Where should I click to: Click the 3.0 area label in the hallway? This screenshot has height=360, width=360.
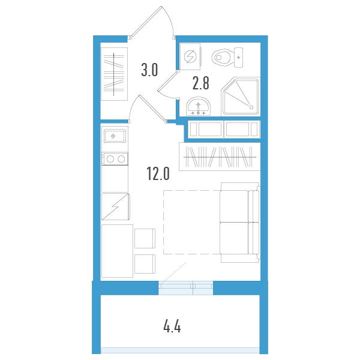(149, 70)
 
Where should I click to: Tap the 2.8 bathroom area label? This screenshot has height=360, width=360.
(200, 83)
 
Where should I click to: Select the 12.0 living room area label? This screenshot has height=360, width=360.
(158, 173)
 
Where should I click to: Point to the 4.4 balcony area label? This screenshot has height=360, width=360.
(172, 327)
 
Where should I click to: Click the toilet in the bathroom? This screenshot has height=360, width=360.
(227, 58)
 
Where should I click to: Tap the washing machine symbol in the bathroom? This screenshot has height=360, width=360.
(191, 56)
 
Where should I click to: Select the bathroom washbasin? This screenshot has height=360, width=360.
(198, 107)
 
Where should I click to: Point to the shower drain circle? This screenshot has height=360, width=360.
(251, 107)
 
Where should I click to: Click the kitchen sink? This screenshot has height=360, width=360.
(115, 136)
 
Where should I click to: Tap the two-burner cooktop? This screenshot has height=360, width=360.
(115, 158)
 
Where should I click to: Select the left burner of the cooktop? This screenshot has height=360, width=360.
(110, 159)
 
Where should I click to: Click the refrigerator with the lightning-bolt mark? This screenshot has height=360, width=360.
(116, 206)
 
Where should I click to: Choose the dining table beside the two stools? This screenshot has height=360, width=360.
(118, 251)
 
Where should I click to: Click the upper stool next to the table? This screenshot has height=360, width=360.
(145, 238)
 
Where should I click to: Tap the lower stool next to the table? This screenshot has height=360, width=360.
(145, 264)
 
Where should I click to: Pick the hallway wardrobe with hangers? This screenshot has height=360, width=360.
(115, 74)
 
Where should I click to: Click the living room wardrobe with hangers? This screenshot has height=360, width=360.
(220, 157)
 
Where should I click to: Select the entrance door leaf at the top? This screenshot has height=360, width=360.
(146, 21)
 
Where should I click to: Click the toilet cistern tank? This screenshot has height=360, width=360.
(239, 58)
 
